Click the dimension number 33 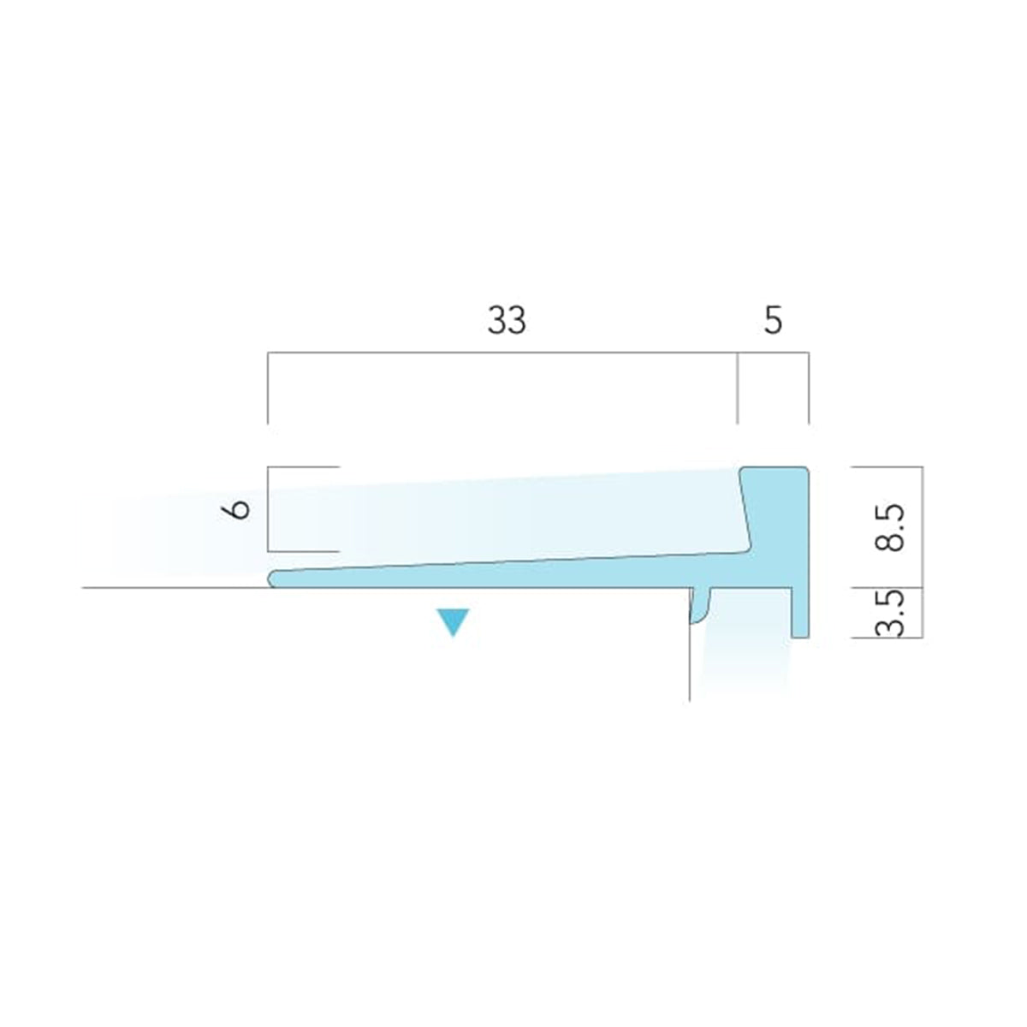507,320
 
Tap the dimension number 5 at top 773,320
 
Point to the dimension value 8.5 889,527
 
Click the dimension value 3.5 889,613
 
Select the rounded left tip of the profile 273,579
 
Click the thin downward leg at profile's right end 800,612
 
